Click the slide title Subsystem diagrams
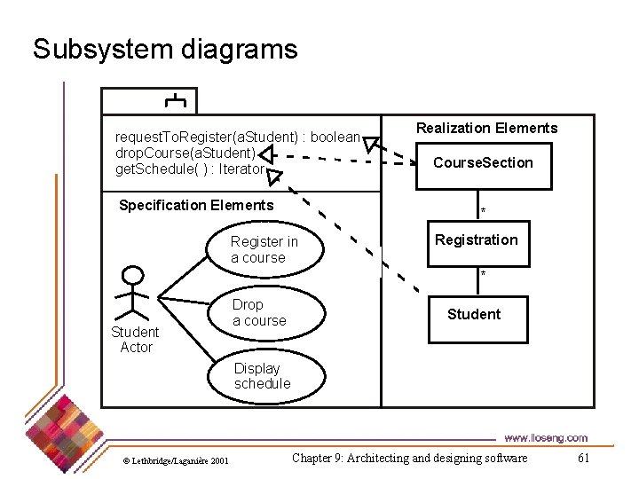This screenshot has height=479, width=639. (165, 49)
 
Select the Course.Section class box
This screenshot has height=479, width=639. (483, 163)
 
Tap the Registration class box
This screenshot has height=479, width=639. (476, 240)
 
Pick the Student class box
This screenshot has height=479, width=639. (473, 315)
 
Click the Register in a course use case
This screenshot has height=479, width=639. (264, 250)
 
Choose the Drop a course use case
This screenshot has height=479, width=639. (259, 313)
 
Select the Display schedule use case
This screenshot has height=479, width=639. (262, 376)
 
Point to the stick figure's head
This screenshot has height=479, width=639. (133, 274)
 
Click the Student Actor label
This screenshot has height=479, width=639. (135, 340)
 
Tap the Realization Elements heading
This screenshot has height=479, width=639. (487, 129)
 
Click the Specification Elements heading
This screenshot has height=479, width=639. (196, 206)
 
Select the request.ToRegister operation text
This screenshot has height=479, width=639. (238, 137)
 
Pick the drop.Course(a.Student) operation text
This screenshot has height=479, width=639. (185, 153)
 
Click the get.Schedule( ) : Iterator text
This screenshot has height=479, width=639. (190, 169)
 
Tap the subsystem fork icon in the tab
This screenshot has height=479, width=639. (175, 100)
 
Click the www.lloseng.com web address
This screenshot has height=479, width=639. (545, 437)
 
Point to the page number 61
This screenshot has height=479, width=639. (583, 459)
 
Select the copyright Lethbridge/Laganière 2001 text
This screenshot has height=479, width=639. (175, 460)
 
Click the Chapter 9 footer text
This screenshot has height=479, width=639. (409, 459)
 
